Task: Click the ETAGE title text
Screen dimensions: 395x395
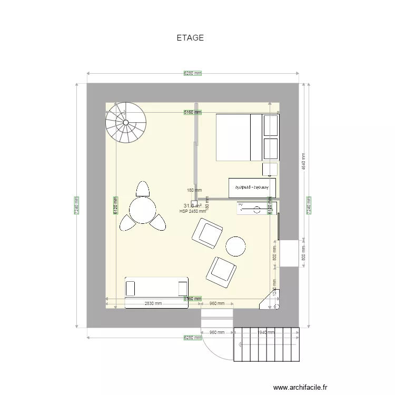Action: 190,38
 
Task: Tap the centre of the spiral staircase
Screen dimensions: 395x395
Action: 125,123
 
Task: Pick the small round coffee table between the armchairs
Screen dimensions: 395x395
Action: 235,246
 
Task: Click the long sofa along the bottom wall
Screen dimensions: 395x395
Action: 156,288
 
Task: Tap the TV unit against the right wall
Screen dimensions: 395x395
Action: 256,209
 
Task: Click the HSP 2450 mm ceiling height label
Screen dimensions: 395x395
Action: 192,212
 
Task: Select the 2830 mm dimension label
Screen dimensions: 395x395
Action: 153,303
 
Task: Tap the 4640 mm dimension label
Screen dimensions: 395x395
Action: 303,161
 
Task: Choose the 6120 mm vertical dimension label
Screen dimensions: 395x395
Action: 115,203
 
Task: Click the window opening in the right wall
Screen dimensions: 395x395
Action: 289,253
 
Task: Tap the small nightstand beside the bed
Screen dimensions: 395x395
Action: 270,170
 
